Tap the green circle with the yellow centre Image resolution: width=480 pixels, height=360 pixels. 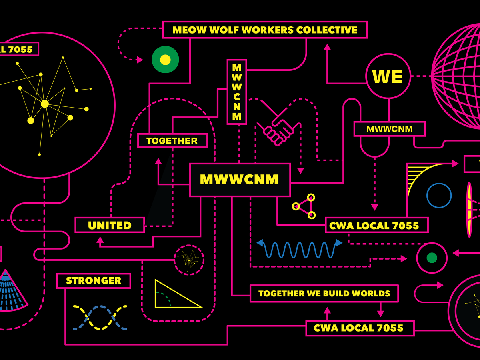(165, 60)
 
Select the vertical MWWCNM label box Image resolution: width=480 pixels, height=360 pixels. (237, 92)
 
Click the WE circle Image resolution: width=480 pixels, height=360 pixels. (388, 76)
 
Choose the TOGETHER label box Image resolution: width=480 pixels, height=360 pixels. (172, 141)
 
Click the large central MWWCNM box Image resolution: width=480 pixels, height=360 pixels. (240, 180)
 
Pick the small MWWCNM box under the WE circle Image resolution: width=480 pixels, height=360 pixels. (389, 129)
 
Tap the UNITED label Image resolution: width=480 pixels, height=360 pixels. (110, 225)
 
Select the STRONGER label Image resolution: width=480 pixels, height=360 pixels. (94, 281)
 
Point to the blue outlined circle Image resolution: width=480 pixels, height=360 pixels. (439, 196)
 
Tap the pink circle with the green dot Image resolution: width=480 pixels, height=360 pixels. (432, 258)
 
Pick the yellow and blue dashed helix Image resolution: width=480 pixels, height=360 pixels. (100, 318)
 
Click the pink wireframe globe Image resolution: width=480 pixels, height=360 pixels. (460, 76)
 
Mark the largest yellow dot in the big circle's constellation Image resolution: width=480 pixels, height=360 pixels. (45, 104)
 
